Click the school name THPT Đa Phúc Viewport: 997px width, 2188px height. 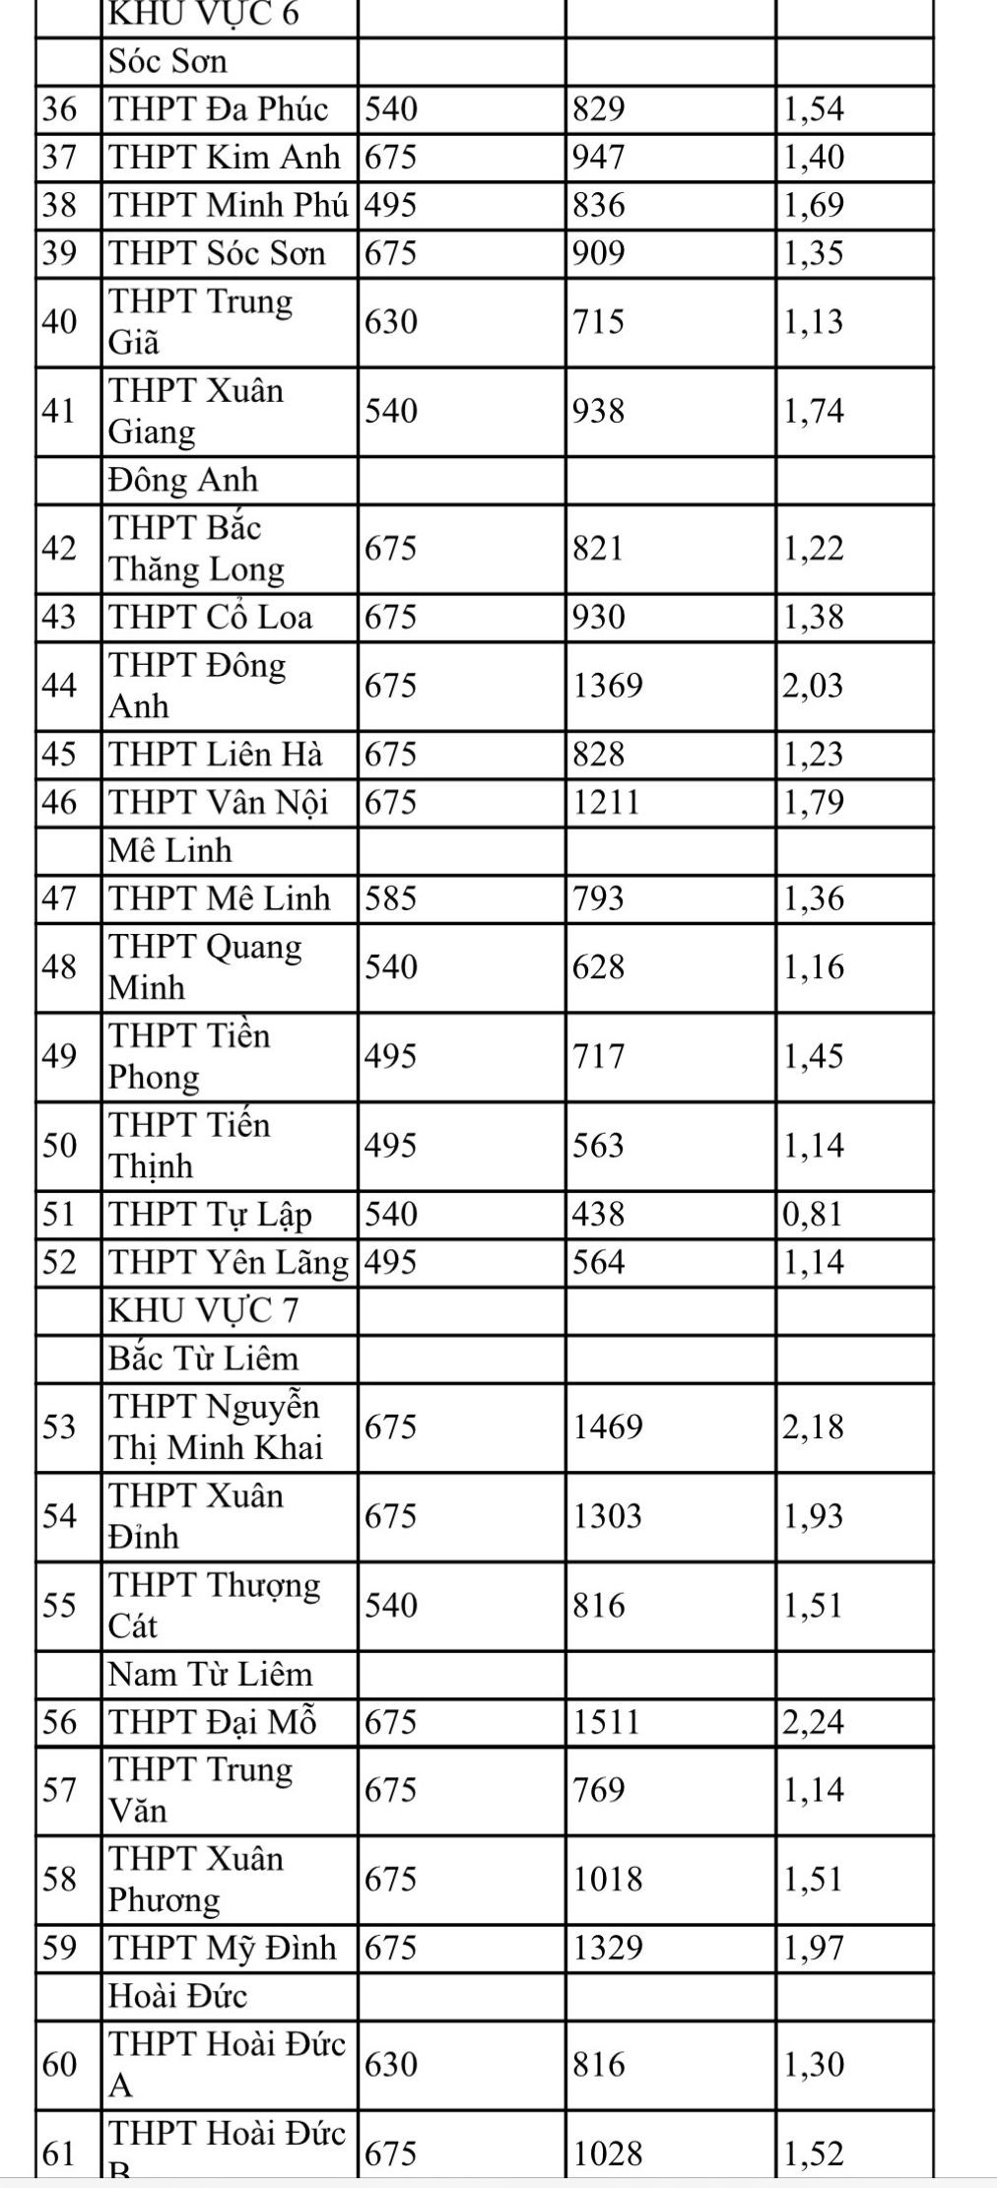click(218, 109)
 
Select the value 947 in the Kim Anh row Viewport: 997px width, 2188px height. click(599, 158)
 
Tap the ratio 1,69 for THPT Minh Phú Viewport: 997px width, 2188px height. click(814, 206)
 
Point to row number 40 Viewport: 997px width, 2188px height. click(59, 322)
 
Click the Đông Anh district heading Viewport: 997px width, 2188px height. click(183, 480)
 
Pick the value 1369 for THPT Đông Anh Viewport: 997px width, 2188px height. click(608, 686)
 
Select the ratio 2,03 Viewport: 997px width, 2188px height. click(814, 686)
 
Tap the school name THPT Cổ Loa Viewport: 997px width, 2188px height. click(211, 618)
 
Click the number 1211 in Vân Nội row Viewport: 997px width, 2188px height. click(607, 803)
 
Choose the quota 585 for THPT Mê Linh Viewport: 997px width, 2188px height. click(391, 898)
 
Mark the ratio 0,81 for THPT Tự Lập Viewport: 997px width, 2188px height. click(814, 1214)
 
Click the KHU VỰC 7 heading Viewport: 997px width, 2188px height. click(203, 1310)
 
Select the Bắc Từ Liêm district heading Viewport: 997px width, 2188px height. click(203, 1359)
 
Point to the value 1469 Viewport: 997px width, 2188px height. click(608, 1426)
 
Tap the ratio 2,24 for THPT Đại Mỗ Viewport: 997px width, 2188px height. click(814, 1722)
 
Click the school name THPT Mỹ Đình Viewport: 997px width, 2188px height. click(223, 1948)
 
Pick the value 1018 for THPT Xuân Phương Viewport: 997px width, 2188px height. click(608, 1879)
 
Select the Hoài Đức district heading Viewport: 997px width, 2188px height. click(177, 1996)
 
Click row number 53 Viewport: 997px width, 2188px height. click(59, 1426)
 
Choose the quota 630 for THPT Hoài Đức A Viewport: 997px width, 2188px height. click(391, 2064)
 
